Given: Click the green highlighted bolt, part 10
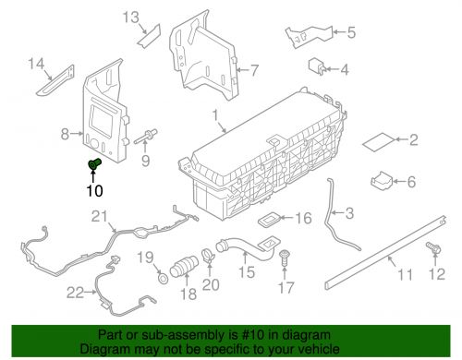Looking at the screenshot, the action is click(x=94, y=163).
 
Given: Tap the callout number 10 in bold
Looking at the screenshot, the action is click(x=94, y=191).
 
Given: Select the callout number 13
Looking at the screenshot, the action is click(x=131, y=18).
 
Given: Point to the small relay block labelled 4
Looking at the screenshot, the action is click(x=317, y=66).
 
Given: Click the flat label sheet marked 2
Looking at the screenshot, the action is click(x=378, y=142).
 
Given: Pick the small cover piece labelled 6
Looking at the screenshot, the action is click(x=381, y=180).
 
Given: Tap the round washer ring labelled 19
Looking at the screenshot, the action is click(x=164, y=279).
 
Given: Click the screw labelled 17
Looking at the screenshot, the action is click(x=284, y=258).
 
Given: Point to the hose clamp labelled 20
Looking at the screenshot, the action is click(x=209, y=255).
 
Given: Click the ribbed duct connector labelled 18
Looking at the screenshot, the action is click(x=184, y=267).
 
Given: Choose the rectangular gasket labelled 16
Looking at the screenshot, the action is click(x=269, y=220).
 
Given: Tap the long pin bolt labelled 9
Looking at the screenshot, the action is click(x=146, y=137).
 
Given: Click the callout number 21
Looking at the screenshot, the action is click(x=100, y=216).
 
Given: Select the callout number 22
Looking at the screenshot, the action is click(x=75, y=293).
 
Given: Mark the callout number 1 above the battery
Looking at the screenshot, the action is click(x=215, y=115).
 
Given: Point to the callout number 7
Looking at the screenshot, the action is click(x=254, y=70).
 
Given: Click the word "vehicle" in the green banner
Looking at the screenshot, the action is click(x=319, y=349).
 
